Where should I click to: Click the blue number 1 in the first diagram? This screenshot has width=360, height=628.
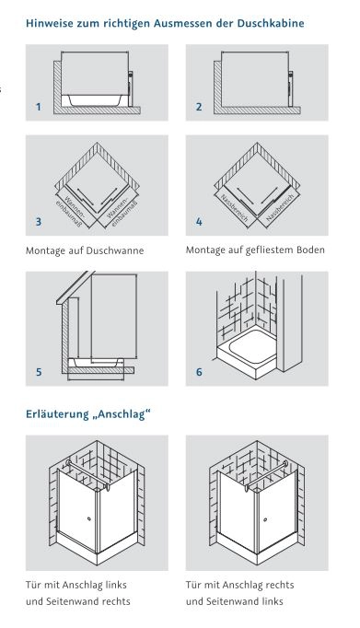pos(38,107)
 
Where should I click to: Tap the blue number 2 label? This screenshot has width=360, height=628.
pos(199,107)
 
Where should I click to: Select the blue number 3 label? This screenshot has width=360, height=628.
pos(38,222)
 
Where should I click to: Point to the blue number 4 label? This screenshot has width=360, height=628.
pos(199,222)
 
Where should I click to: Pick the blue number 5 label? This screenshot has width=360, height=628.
pos(39,372)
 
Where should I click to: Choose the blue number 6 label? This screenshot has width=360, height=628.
pos(199,372)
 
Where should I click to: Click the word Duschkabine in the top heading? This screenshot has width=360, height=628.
pos(271,23)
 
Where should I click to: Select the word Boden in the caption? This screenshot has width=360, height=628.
pos(311,250)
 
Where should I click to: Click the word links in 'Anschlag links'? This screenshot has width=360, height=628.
pos(116,585)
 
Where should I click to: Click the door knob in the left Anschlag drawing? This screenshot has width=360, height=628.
pos(89,519)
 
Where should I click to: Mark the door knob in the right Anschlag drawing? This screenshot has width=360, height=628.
pos(265,519)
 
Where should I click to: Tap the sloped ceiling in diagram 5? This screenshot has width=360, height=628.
pos(75,287)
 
